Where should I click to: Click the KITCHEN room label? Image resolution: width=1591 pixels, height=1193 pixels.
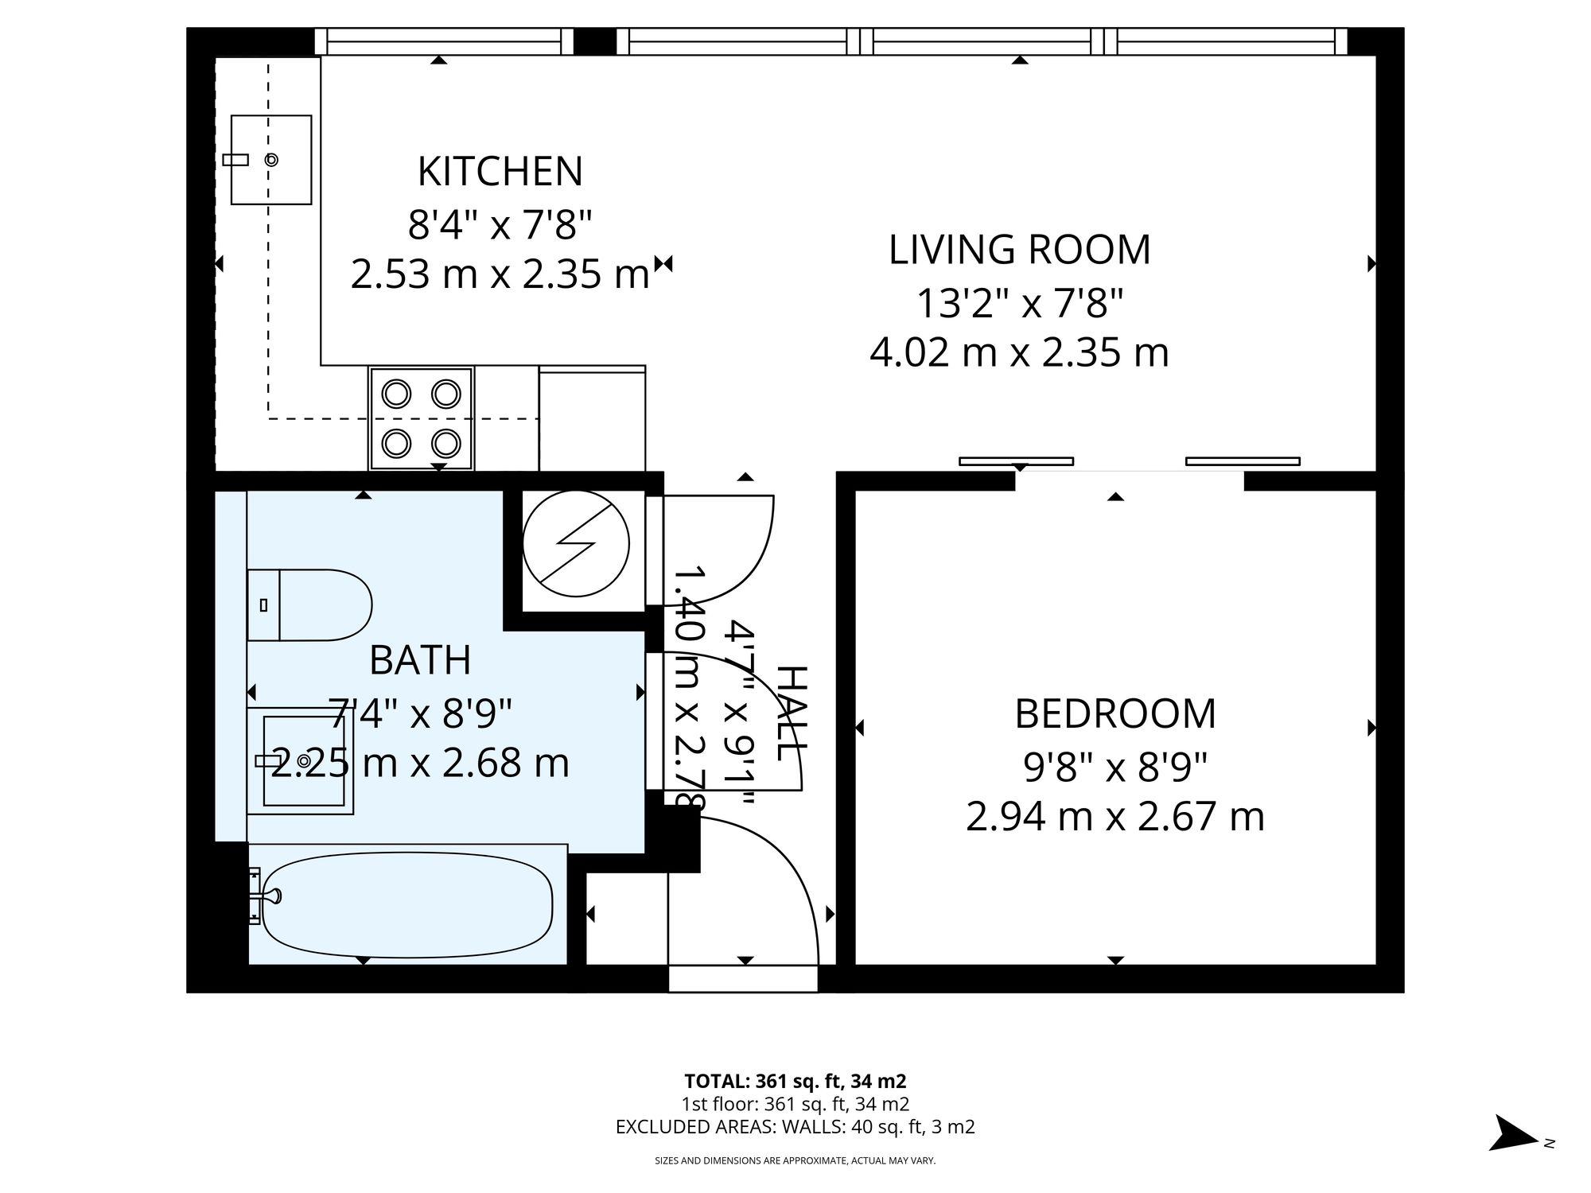(500, 172)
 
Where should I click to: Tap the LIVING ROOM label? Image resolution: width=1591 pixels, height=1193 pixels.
(1019, 250)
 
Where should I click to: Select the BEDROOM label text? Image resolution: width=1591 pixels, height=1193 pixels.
(1115, 714)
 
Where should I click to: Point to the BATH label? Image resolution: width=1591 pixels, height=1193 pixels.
(420, 660)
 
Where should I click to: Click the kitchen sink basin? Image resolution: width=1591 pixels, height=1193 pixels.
(270, 160)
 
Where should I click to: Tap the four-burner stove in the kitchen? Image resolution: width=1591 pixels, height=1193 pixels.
(421, 418)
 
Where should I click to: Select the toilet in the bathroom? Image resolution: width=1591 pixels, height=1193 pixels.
(309, 605)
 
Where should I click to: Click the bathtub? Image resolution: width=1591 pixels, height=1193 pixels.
(407, 905)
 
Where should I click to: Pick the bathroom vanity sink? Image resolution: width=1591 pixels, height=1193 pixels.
(302, 761)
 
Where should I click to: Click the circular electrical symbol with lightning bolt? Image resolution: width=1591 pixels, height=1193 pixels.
(576, 544)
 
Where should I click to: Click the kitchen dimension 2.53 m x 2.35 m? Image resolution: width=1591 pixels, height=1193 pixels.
(500, 275)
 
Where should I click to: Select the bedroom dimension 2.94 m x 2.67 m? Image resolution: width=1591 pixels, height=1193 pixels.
(1115, 817)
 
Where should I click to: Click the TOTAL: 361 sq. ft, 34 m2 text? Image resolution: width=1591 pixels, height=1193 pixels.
(795, 1082)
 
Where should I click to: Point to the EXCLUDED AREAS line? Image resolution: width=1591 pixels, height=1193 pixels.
(795, 1127)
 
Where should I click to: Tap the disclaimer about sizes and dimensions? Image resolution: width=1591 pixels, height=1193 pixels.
(795, 1161)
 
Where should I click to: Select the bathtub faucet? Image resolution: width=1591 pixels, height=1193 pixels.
(265, 896)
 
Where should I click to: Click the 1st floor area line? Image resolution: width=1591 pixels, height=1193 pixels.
(795, 1104)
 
